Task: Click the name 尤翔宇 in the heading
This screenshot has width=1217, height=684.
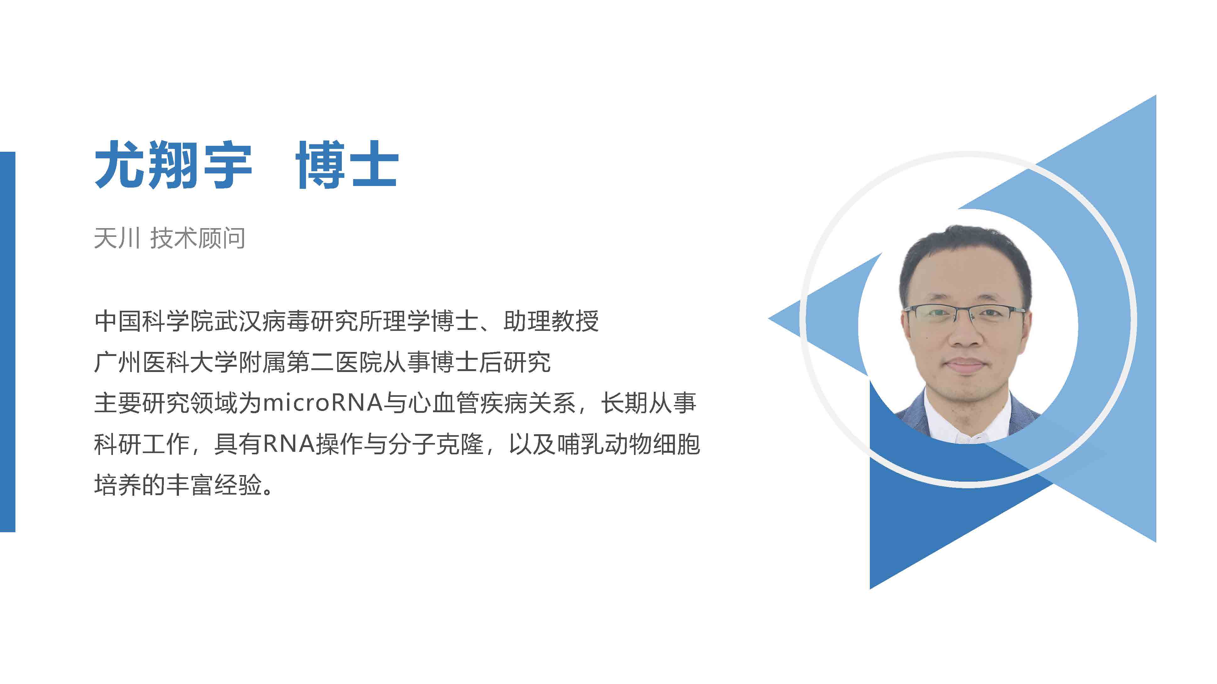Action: pyautogui.click(x=173, y=164)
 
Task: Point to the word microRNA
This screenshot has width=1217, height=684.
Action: pyautogui.click(x=322, y=403)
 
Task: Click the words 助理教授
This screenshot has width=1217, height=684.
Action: pyautogui.click(x=551, y=321)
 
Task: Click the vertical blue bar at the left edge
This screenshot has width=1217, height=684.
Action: pyautogui.click(x=8, y=342)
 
